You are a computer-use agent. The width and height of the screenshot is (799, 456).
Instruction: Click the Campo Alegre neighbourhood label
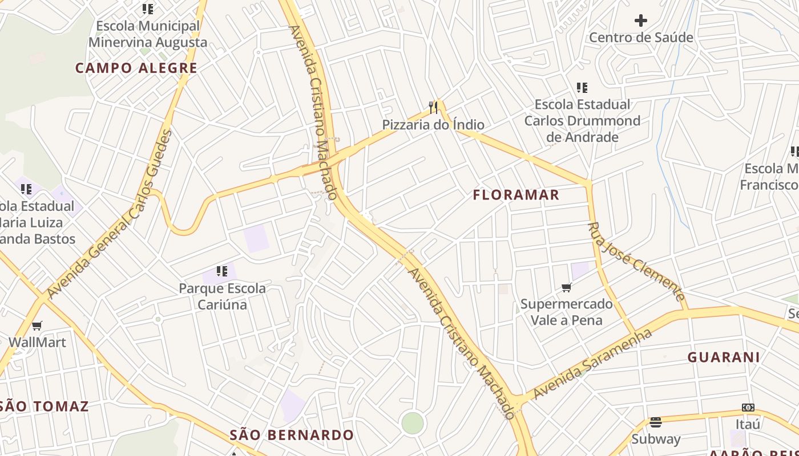(136, 68)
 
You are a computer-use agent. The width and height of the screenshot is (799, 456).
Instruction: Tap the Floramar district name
(516, 195)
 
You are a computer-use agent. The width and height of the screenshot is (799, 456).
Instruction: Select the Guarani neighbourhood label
(723, 357)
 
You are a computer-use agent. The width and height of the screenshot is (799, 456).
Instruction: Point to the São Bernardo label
(292, 435)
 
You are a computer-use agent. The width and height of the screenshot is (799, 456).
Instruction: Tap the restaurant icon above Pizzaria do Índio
(434, 107)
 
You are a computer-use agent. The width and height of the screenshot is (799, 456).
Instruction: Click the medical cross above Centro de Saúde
(641, 21)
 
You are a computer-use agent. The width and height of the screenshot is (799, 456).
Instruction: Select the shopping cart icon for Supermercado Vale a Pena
(567, 287)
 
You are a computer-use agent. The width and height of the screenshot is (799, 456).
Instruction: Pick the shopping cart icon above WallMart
(37, 325)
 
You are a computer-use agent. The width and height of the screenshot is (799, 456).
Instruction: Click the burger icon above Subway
(656, 422)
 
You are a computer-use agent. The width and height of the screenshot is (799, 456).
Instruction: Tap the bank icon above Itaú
(748, 408)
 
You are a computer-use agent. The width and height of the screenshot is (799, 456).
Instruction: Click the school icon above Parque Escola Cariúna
(222, 271)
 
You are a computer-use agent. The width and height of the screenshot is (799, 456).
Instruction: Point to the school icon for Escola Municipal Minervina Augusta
(148, 9)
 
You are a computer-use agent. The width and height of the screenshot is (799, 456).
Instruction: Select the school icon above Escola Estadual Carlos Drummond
(582, 88)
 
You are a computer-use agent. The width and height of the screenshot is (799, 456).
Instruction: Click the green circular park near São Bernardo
(413, 423)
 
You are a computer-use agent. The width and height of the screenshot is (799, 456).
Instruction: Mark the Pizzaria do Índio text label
(433, 125)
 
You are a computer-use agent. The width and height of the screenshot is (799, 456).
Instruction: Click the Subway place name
(656, 439)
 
